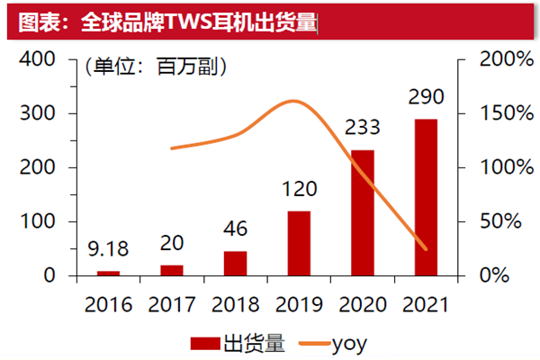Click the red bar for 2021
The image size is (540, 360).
pyautogui.click(x=426, y=197)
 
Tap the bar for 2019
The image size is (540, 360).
pyautogui.click(x=299, y=243)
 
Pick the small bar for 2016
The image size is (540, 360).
pyautogui.click(x=108, y=273)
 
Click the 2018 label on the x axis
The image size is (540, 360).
pyautogui.click(x=235, y=303)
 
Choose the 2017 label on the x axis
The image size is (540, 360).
pyautogui.click(x=171, y=303)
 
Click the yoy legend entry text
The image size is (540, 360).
pyautogui.click(x=349, y=342)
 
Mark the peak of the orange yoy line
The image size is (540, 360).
pyautogui.click(x=293, y=101)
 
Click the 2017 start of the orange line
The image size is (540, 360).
pyautogui.click(x=171, y=148)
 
